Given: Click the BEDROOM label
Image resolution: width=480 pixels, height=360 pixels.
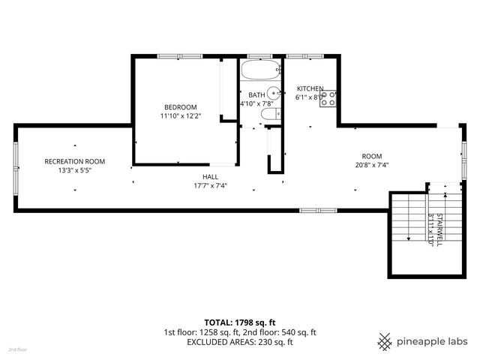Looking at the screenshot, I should [x=180, y=106].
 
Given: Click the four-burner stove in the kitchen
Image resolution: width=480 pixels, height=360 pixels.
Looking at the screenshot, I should [x=328, y=98].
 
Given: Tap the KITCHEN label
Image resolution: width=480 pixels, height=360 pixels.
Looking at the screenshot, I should [x=310, y=88].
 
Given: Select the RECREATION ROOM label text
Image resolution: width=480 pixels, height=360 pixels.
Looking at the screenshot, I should [x=74, y=161].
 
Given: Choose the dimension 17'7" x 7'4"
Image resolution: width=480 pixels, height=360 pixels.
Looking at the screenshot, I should [x=209, y=185].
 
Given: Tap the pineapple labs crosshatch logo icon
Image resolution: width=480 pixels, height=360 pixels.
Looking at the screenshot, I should [x=385, y=341].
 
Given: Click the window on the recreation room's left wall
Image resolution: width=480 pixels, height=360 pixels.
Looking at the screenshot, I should [x=16, y=166].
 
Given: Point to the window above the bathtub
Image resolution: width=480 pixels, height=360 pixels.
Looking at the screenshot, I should [x=259, y=55].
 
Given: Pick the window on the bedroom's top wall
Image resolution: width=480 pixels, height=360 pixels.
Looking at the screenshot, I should [x=180, y=55].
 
